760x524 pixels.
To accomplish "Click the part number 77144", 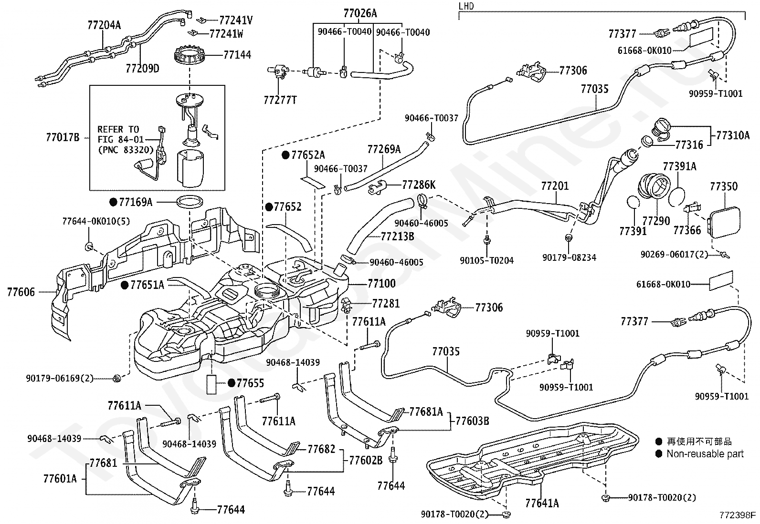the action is click(237, 54).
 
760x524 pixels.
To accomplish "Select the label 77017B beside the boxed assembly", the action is click(63, 137).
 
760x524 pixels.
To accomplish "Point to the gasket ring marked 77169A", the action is click(190, 202).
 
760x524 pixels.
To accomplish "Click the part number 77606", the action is click(21, 292).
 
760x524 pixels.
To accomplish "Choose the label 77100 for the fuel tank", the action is click(382, 283).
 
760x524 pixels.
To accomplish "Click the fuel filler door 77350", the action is click(725, 223).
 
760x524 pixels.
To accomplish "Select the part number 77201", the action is click(555, 186).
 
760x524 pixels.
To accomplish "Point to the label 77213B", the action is click(397, 236).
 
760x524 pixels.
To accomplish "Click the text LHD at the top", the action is click(466, 6).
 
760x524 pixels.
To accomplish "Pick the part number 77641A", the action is click(542, 503).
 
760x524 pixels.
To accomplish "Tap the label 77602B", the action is click(366, 460).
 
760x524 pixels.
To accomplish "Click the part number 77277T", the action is click(280, 100).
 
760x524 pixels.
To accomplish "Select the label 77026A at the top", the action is click(360, 13).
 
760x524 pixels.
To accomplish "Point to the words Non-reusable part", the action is click(705, 453).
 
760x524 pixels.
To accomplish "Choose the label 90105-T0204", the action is click(487, 260).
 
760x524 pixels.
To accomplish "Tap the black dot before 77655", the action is click(232, 383).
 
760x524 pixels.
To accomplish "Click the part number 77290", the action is click(656, 221).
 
